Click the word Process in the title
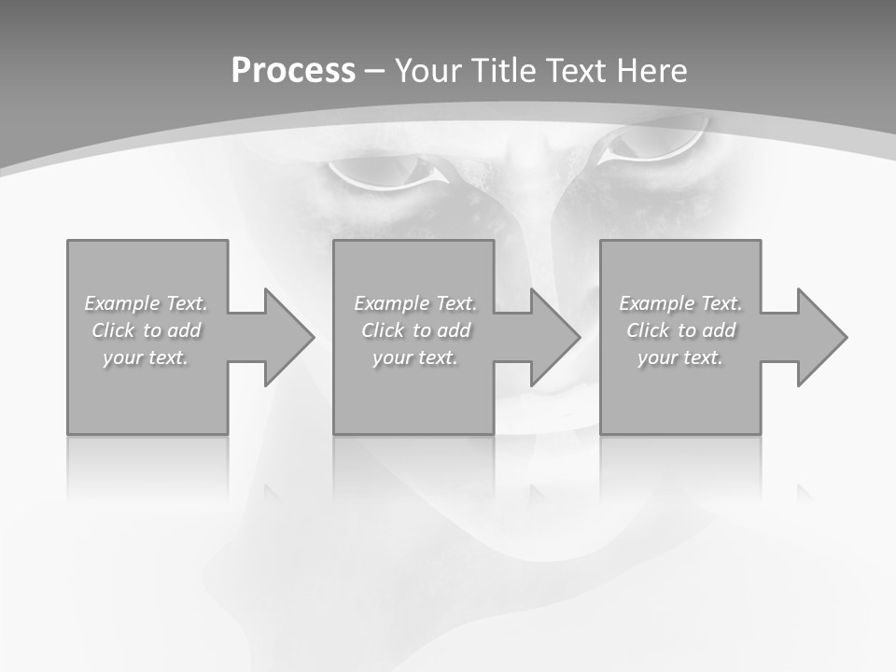[x=293, y=71]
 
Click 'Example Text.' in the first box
[x=147, y=303]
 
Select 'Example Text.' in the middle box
[x=415, y=303]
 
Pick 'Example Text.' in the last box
[x=680, y=303]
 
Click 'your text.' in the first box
[x=146, y=357]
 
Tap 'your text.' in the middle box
[x=414, y=357]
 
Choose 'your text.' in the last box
[x=680, y=357]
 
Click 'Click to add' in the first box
[x=147, y=330]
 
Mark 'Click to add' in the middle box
[x=415, y=330]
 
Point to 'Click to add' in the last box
[x=680, y=330]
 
